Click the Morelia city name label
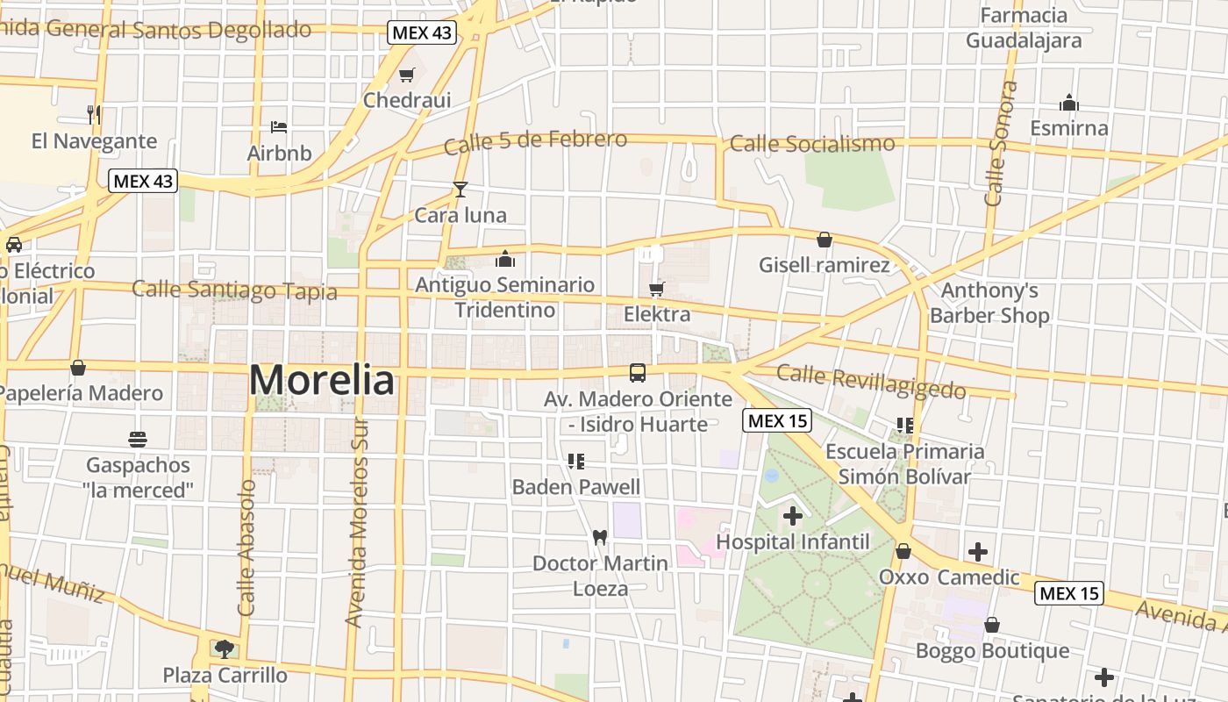click(322, 381)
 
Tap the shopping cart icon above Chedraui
click(406, 75)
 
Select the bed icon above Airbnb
click(279, 127)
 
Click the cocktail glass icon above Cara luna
click(460, 189)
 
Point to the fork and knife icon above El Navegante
click(94, 114)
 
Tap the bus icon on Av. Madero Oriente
click(638, 373)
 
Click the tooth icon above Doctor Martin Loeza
click(600, 537)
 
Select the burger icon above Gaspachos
click(138, 439)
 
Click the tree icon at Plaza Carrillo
click(225, 649)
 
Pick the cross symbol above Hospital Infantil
click(793, 516)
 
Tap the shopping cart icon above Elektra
click(657, 289)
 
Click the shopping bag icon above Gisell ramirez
click(825, 239)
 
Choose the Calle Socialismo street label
click(812, 143)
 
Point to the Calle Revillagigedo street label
click(871, 383)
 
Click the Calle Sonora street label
click(1001, 144)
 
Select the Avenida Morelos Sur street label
click(354, 522)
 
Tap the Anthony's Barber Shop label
click(989, 303)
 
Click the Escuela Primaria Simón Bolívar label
click(904, 464)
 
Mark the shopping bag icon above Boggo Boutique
click(992, 625)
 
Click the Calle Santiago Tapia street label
click(234, 290)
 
